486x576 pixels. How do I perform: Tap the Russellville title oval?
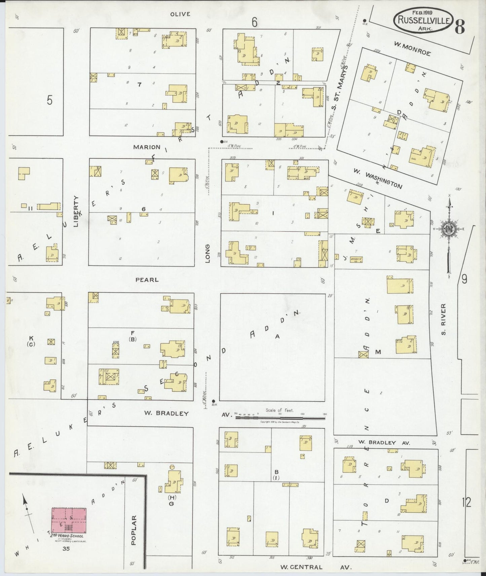click(x=423, y=20)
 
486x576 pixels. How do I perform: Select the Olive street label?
click(x=180, y=14)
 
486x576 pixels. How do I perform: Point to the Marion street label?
click(x=147, y=147)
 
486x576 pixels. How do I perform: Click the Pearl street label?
click(x=147, y=280)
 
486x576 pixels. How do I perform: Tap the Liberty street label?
click(x=76, y=211)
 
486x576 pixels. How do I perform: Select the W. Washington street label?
click(x=377, y=178)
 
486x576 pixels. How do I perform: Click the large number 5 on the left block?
click(x=50, y=100)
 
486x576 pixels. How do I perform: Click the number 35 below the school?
click(x=65, y=549)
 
